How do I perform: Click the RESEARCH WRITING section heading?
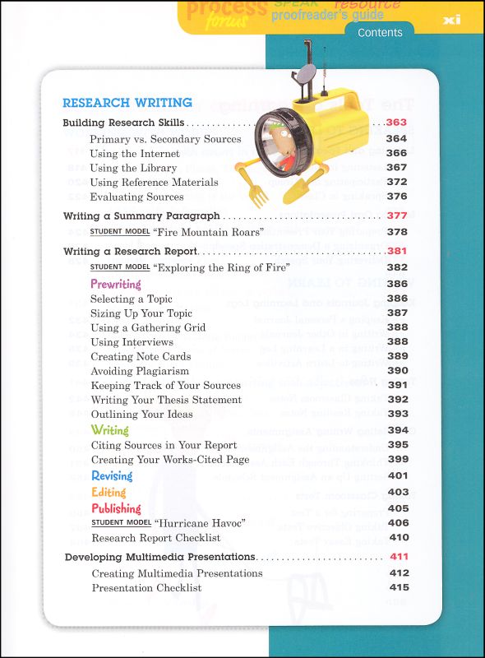[127, 103]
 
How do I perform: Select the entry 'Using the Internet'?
[135, 153]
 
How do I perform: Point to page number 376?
[397, 197]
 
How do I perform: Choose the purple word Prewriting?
[116, 284]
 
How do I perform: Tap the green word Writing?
[110, 430]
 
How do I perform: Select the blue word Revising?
[113, 476]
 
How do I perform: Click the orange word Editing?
[109, 492]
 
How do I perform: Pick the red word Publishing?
[117, 508]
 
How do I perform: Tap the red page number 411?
[399, 557]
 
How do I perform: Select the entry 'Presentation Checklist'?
[146, 587]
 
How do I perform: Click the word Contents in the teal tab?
[380, 33]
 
